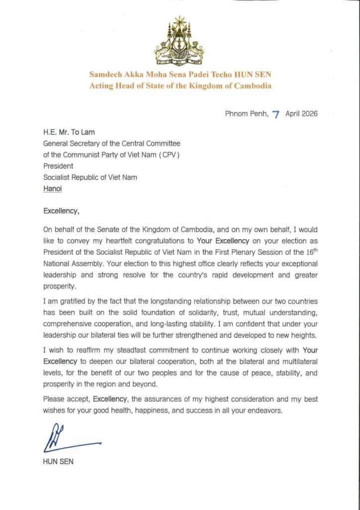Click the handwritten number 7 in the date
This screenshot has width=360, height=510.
pyautogui.click(x=275, y=114)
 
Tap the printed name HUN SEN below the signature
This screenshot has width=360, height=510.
pyautogui.click(x=58, y=462)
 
